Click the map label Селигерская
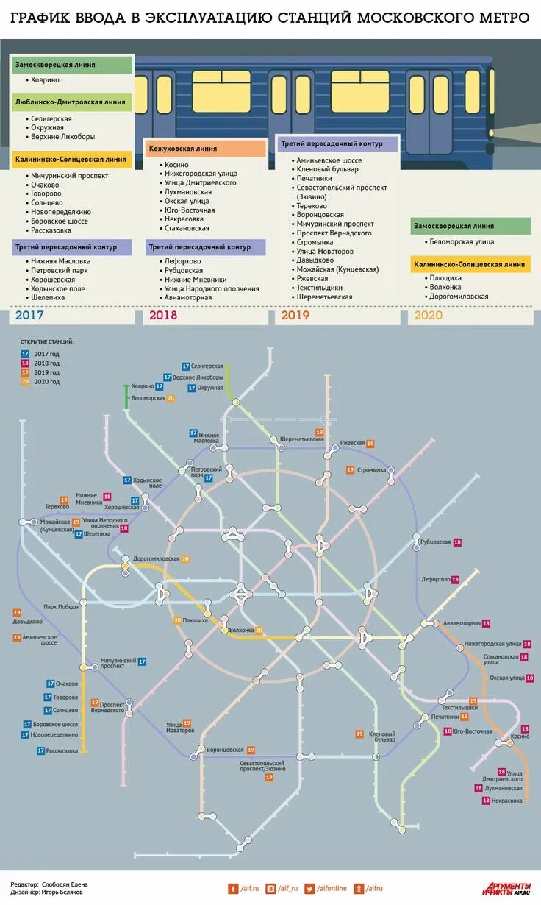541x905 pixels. click(x=207, y=366)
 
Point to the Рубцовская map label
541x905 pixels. click(x=435, y=542)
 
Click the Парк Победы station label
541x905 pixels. click(x=60, y=607)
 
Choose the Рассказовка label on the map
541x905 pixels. click(x=62, y=750)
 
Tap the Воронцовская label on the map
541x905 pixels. click(x=225, y=750)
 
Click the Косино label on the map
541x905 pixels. click(x=520, y=737)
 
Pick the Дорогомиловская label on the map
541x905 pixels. click(x=157, y=558)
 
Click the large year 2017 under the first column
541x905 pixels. click(x=29, y=315)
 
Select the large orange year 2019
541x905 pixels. click(x=295, y=315)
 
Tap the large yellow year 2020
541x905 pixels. click(x=429, y=315)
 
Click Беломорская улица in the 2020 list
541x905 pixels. click(x=462, y=241)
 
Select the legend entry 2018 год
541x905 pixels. click(x=46, y=363)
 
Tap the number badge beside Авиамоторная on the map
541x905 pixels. click(x=486, y=623)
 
